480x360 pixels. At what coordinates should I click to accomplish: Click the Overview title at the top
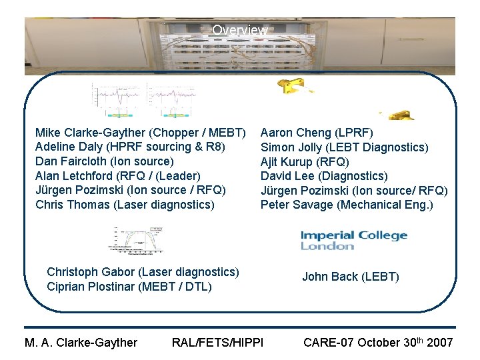pyautogui.click(x=240, y=31)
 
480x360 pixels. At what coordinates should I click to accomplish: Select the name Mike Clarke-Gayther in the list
pyautogui.click(x=83, y=132)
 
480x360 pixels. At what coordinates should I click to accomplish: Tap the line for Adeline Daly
pyautogui.click(x=129, y=147)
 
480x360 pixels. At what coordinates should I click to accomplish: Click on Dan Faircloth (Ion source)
pyautogui.click(x=104, y=161)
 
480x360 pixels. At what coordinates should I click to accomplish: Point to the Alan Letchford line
pyautogui.click(x=117, y=176)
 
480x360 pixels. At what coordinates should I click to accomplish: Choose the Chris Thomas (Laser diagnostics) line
pyautogui.click(x=125, y=205)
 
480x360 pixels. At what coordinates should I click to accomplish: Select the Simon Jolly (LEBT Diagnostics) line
pyautogui.click(x=344, y=147)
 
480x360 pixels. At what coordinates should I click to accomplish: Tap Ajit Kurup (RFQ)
pyautogui.click(x=305, y=161)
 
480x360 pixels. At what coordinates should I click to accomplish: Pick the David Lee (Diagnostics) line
pyautogui.click(x=323, y=176)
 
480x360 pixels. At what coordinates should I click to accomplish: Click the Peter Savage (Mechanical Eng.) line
pyautogui.click(x=347, y=205)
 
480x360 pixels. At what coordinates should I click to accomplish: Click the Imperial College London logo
pyautogui.click(x=353, y=240)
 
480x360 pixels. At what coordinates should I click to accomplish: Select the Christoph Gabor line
pyautogui.click(x=143, y=272)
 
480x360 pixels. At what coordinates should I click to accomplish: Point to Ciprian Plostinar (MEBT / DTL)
pyautogui.click(x=129, y=287)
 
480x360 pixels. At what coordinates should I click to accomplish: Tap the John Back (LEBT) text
pyautogui.click(x=350, y=277)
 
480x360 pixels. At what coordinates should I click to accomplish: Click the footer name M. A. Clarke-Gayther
pyautogui.click(x=81, y=343)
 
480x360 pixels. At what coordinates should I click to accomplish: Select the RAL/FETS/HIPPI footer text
pyautogui.click(x=217, y=343)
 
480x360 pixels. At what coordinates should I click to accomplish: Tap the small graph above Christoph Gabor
pyautogui.click(x=137, y=240)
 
